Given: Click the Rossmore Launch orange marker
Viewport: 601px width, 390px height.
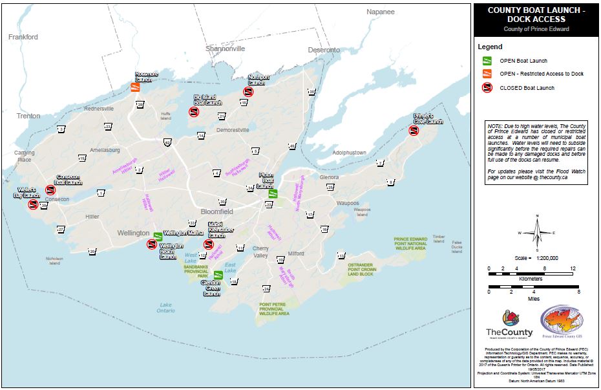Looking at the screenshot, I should (x=136, y=88).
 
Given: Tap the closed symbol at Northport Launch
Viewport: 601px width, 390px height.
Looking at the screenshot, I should (x=248, y=92).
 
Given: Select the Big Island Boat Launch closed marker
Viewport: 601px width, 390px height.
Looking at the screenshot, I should (x=193, y=113).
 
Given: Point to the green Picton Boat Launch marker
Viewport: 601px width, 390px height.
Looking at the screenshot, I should (x=273, y=192).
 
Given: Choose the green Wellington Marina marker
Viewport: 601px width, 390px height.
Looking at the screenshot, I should (x=157, y=234).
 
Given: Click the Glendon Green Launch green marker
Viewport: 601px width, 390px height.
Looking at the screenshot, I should (x=218, y=276).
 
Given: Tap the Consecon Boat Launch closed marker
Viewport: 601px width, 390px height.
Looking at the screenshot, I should (x=50, y=190).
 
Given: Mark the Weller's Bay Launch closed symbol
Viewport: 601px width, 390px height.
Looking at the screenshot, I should (x=33, y=205).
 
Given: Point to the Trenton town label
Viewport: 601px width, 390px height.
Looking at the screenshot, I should (x=28, y=116).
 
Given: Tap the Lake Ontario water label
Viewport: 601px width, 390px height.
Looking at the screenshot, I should (x=165, y=307).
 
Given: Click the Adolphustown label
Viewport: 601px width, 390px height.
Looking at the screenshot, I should (x=349, y=153).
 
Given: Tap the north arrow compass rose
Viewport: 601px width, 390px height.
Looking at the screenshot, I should (x=536, y=233).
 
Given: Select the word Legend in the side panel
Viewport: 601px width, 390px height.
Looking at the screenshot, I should (x=489, y=47).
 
